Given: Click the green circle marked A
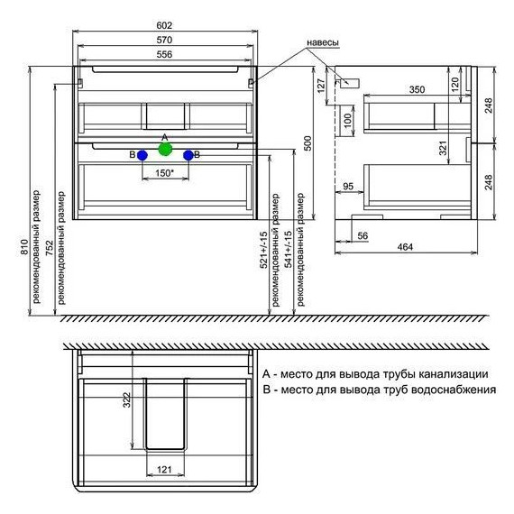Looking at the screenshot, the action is [165, 149].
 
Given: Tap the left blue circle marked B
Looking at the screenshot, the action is [142, 155].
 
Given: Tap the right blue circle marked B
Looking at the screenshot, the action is [188, 155].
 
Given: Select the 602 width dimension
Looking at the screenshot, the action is [164, 25].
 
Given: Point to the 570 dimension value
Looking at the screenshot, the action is [164, 40].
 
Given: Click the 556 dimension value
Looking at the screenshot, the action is [164, 54].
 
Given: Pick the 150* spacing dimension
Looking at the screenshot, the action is [164, 173].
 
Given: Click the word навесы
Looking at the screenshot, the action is [323, 43].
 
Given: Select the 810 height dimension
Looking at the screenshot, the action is [24, 247].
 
